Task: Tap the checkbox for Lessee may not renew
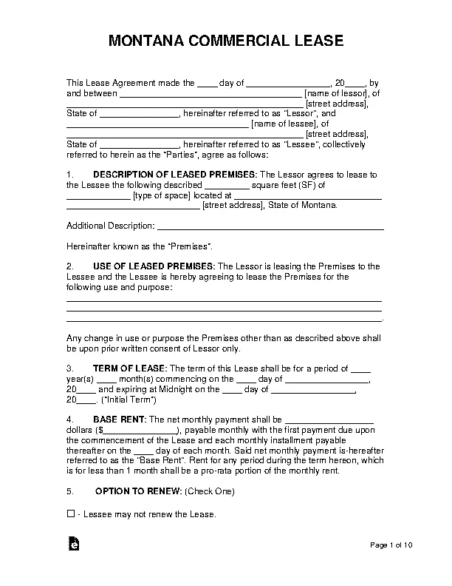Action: click(71, 513)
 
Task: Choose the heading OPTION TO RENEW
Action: click(138, 491)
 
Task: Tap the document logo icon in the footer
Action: click(74, 544)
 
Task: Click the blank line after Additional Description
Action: click(270, 225)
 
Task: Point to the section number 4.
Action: click(69, 419)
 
